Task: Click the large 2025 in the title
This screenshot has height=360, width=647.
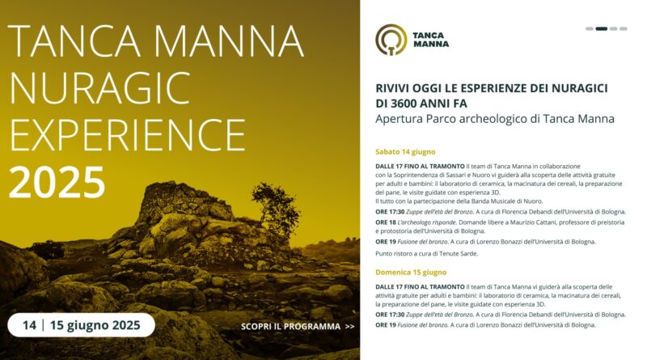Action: point(57,182)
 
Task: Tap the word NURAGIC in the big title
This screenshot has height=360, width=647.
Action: point(99,88)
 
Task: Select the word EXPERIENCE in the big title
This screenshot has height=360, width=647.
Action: point(128,135)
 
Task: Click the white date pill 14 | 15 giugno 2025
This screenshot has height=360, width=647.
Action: point(82,325)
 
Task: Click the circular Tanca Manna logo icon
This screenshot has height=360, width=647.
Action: point(391,40)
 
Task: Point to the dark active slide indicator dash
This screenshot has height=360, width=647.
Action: point(601,29)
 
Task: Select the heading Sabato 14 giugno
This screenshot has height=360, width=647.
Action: point(405,152)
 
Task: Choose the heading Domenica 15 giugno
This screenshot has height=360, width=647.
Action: point(411,273)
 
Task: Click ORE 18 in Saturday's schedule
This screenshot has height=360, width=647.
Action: point(386,222)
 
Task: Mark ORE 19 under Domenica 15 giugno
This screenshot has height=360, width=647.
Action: point(386,325)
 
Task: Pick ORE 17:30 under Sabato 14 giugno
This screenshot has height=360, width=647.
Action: point(390,212)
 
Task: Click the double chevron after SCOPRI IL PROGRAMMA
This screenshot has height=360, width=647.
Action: point(349,327)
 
